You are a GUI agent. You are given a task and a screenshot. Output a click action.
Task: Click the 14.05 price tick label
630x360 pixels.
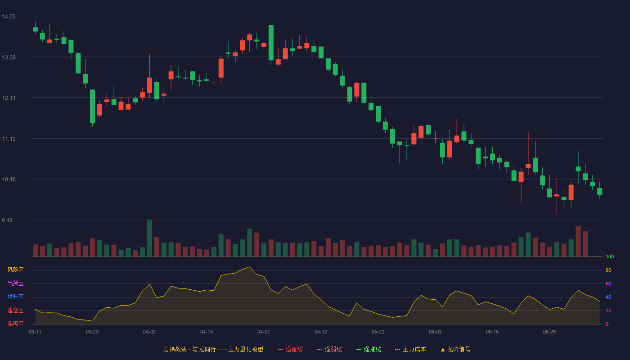9,17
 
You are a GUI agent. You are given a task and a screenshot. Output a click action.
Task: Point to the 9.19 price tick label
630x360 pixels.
7,220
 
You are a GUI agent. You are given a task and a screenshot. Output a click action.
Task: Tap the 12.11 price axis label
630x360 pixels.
9,98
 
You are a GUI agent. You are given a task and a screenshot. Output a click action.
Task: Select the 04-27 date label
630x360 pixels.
264,332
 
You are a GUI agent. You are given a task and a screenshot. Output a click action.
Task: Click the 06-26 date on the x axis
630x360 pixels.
549,332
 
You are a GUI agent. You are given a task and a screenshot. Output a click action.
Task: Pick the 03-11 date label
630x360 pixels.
35,332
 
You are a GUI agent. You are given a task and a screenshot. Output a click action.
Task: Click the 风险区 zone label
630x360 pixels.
15,270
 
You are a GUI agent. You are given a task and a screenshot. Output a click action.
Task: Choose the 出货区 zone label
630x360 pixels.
15,283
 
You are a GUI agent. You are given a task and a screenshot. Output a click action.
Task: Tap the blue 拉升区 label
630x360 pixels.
15,297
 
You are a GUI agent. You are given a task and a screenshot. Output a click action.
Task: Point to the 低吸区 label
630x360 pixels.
15,324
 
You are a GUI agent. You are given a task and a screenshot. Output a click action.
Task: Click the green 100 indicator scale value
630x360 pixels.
610,256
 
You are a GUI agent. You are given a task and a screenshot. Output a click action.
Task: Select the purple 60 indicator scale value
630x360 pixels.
608,283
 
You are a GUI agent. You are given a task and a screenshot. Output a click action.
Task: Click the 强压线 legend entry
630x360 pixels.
290,349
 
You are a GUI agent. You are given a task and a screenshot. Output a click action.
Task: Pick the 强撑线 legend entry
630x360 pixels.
369,349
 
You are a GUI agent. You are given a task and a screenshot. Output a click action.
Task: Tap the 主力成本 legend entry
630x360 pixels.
410,349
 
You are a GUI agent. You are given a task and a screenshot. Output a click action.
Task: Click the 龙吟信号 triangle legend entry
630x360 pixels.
455,349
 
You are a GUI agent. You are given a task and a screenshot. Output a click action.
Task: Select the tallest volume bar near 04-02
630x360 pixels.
149,238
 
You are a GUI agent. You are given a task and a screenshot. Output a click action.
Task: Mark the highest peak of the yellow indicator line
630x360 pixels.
249,267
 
